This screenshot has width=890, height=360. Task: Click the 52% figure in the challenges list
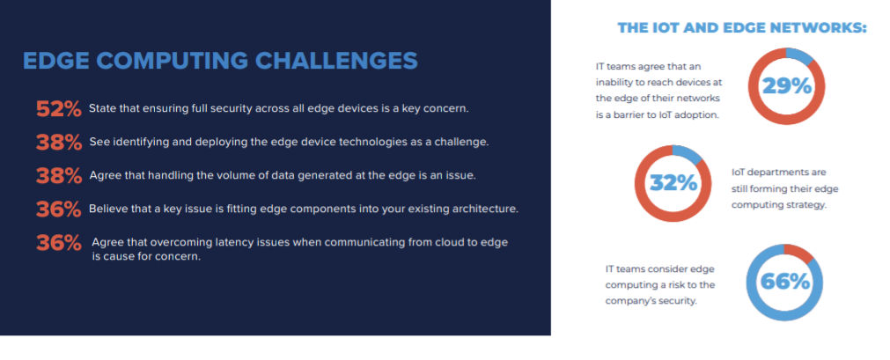[x=59, y=108]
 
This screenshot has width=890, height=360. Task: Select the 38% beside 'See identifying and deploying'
[x=59, y=142]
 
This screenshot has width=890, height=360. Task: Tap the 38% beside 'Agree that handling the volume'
[x=59, y=175]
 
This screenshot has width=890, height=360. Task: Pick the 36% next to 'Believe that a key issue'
[x=59, y=209]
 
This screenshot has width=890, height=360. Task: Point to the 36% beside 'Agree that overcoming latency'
[x=59, y=242]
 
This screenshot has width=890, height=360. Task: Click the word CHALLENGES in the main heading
[x=336, y=61]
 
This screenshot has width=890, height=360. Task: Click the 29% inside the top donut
[x=786, y=85]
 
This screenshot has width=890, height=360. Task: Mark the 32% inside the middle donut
[x=673, y=183]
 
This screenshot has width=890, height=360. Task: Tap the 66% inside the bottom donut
[x=783, y=282]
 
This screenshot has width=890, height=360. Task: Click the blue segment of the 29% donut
[x=801, y=55]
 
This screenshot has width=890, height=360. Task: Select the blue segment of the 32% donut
[x=688, y=152]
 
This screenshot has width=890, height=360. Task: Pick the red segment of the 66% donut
[x=799, y=252]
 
